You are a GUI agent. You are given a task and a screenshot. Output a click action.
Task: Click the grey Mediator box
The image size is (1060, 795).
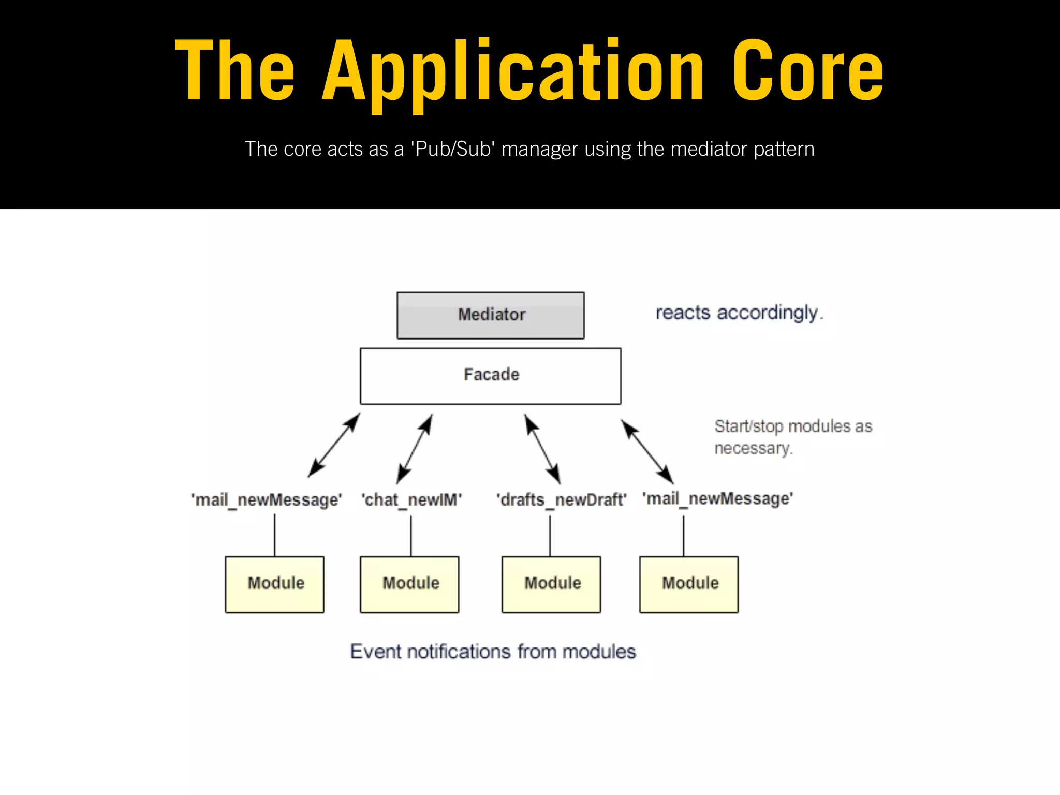[x=490, y=315]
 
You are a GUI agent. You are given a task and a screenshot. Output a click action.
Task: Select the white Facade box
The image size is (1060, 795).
[x=490, y=376]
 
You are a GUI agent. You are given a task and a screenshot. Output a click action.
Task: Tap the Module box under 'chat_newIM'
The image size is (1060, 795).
[x=409, y=584]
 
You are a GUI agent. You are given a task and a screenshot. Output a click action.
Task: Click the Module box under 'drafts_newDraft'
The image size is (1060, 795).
[x=551, y=584]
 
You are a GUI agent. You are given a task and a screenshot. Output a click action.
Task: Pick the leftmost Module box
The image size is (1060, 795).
[x=274, y=584]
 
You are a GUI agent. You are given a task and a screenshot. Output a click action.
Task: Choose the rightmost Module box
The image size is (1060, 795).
[x=689, y=584]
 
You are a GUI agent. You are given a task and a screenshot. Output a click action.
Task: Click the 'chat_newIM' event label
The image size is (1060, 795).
[x=411, y=500]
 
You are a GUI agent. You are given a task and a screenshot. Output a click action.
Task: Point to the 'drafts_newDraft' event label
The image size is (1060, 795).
[x=561, y=500]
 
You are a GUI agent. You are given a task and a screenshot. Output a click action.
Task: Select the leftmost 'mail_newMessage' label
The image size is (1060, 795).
[x=267, y=500]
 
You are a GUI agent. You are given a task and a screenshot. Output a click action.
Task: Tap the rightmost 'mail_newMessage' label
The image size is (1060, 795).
[x=717, y=499]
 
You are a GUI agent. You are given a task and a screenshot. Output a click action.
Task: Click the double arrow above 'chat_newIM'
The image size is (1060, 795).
[x=415, y=449]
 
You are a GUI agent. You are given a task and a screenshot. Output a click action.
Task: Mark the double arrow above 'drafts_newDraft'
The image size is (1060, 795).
[x=542, y=449]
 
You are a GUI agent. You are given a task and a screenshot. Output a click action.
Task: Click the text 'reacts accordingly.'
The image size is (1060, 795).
[x=739, y=313]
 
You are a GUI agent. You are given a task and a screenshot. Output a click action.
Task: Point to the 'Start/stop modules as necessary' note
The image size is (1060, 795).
[x=792, y=437]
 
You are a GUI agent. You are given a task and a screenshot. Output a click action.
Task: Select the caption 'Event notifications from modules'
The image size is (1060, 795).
[x=493, y=651]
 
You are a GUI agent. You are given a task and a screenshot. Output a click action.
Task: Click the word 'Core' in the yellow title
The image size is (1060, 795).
[x=807, y=71]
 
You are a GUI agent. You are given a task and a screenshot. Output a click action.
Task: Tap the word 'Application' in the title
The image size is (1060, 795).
[x=512, y=71]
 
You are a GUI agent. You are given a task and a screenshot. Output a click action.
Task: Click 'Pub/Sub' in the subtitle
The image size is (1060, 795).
[x=452, y=149]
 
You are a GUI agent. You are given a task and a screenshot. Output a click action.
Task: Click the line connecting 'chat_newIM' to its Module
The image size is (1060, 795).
[x=411, y=536]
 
